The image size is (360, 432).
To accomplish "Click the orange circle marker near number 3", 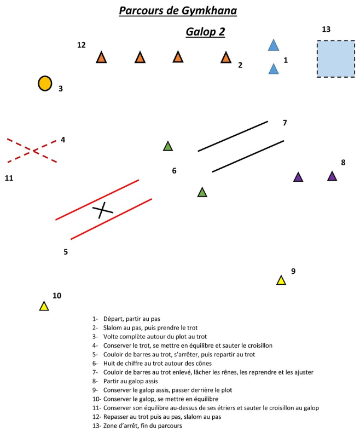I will [x=45, y=83].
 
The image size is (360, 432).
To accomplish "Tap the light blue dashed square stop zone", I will [x=335, y=59].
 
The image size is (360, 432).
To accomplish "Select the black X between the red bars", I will [x=102, y=209].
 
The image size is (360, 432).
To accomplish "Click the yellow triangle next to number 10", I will [x=44, y=307].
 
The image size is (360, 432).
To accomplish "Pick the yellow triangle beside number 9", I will [x=281, y=280].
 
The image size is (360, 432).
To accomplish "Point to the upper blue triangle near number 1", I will [x=274, y=45].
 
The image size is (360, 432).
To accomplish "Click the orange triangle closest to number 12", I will [x=101, y=57].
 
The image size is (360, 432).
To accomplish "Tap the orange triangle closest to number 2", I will [x=226, y=57].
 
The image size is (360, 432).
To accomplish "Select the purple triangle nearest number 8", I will [x=332, y=176].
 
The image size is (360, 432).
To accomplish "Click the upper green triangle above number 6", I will [x=168, y=147].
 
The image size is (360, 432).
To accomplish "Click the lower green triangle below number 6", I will [x=202, y=192].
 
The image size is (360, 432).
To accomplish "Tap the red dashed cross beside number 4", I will [x=32, y=150].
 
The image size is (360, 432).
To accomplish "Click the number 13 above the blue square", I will [x=326, y=29].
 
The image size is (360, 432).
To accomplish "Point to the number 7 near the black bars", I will [x=284, y=123].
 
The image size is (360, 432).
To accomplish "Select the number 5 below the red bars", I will [x=66, y=252].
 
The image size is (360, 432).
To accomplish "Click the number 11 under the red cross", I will [x=9, y=178].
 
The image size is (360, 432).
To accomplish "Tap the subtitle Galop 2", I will [x=205, y=32].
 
